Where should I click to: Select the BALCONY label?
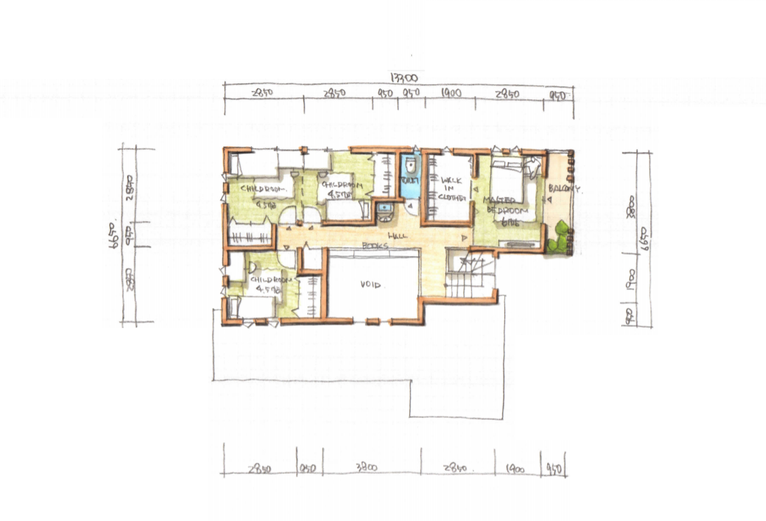point(564,190)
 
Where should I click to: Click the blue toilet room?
point(410,178)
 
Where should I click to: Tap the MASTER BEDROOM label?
point(502,204)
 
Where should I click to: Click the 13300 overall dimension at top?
point(404,77)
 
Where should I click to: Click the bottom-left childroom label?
point(271,283)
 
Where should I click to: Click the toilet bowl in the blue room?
point(410,167)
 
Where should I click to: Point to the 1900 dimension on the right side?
point(631,276)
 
